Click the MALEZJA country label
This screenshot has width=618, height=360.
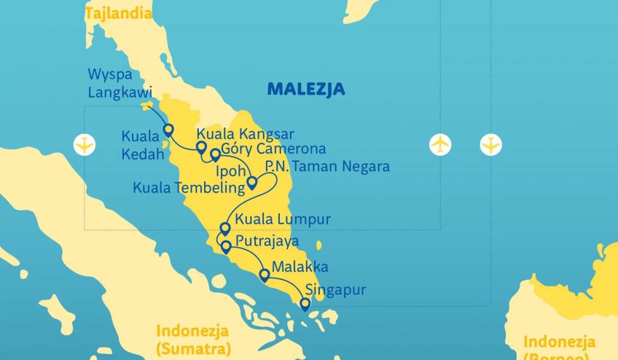306,90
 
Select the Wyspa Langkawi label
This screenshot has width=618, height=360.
120,84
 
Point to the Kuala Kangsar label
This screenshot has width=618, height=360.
245,134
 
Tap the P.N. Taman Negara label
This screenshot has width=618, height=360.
327,167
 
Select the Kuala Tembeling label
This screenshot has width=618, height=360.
187,188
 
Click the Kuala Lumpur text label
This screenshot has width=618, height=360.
283,219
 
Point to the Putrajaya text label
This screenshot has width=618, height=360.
267,241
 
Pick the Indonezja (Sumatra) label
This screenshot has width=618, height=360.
192,339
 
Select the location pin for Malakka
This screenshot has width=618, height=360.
264,275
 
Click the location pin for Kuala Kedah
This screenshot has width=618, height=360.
168,130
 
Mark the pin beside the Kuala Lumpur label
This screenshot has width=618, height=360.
225,229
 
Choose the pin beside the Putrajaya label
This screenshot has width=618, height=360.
226,246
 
